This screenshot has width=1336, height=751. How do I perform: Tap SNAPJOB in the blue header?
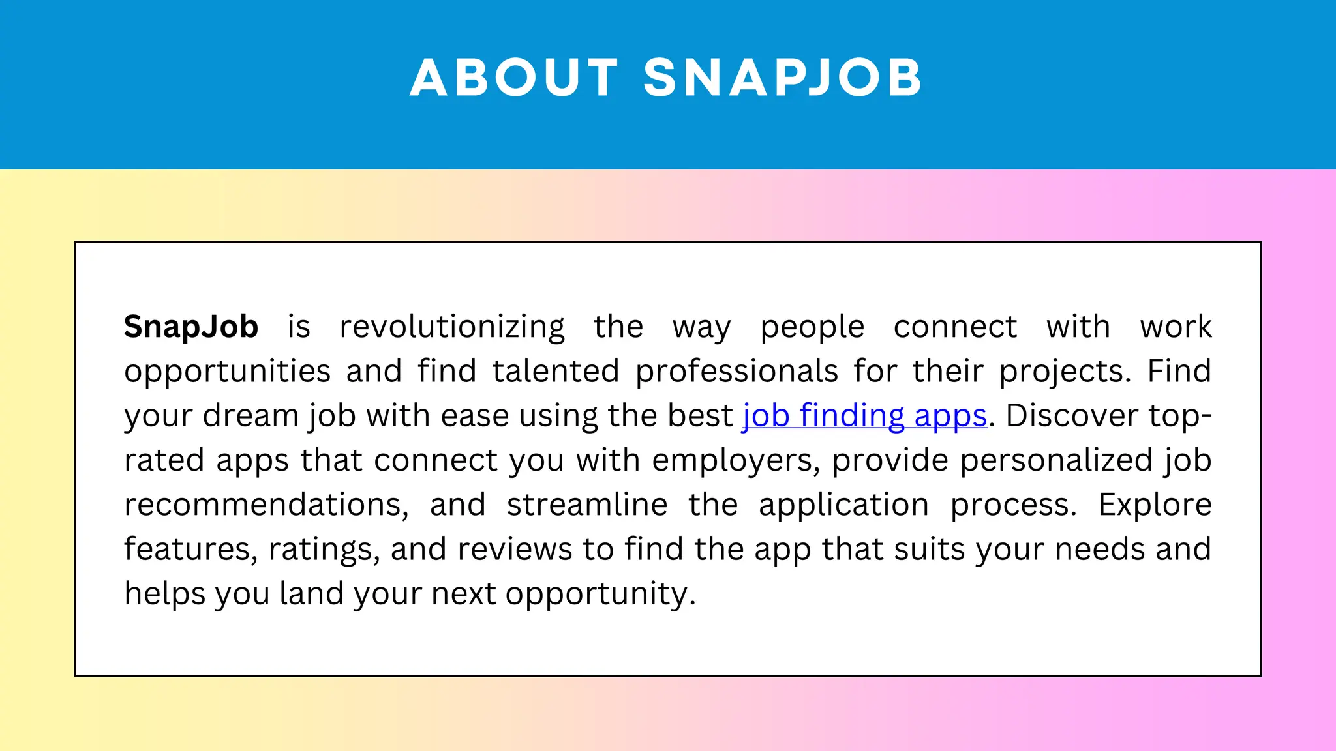[x=783, y=78]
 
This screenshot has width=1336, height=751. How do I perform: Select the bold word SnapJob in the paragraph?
[x=191, y=327]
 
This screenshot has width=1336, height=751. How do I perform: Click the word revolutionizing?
[x=452, y=327]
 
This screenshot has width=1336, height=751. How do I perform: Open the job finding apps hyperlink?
[x=864, y=416]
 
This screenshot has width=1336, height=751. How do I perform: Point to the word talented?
[x=555, y=371]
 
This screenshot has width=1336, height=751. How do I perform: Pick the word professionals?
[x=736, y=371]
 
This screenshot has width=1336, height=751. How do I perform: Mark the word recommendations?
[x=266, y=505]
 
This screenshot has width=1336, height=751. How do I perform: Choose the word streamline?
[x=587, y=505]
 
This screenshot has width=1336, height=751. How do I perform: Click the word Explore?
[x=1155, y=505]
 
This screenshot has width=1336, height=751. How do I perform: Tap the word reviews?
[x=515, y=550]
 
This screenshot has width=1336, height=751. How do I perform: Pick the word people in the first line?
[x=812, y=327]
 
